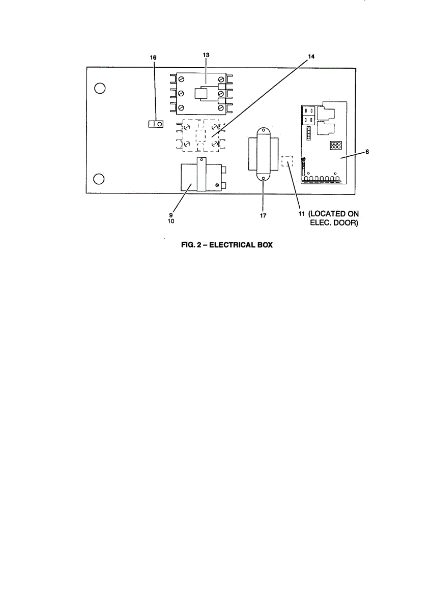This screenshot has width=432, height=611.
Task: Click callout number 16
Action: pos(153,58)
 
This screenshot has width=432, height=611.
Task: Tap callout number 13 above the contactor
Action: pos(206,54)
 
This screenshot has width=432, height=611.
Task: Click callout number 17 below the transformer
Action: pos(263,215)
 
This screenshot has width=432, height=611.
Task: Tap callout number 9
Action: pos(171,215)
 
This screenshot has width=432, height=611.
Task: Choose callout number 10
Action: pos(171,221)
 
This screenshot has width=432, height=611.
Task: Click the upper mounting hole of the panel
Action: pos(100,89)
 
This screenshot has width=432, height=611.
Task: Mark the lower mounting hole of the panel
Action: pos(100,179)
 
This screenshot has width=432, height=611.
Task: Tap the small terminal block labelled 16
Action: pos(156,124)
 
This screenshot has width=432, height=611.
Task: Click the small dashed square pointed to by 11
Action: pos(288,162)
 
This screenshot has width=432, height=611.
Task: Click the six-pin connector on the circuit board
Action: pos(335,146)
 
